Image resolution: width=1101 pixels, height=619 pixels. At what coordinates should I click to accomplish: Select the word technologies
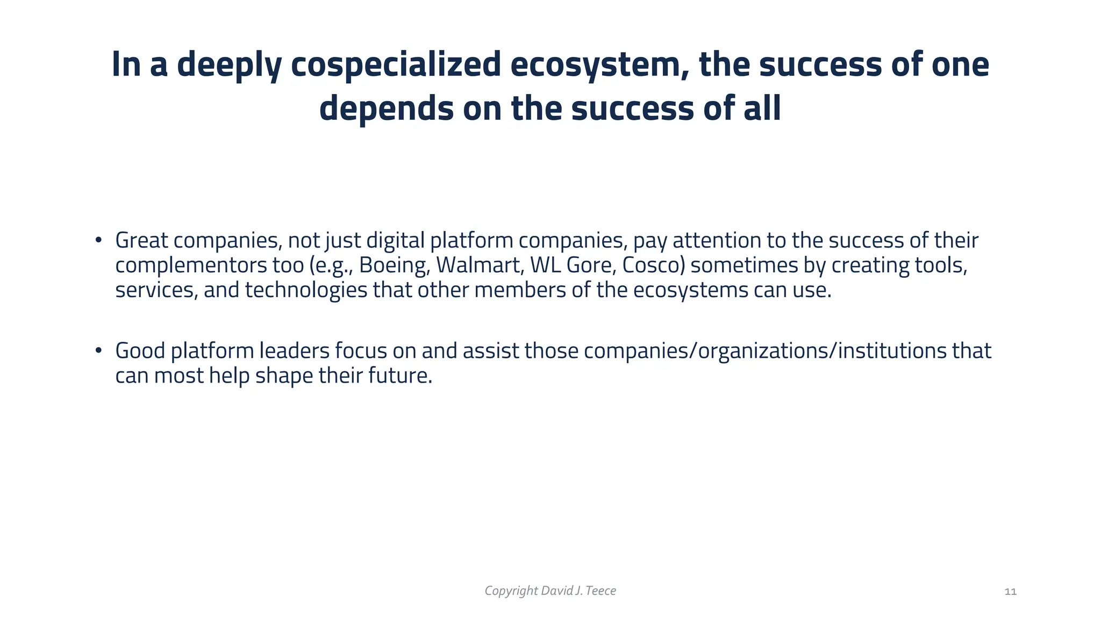tap(306, 290)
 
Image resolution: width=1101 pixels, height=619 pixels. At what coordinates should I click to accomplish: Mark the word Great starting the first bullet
tap(141, 241)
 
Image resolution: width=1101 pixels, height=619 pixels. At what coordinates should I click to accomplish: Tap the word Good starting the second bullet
tap(140, 351)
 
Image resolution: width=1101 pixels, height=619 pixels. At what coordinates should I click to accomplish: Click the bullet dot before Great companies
tap(98, 240)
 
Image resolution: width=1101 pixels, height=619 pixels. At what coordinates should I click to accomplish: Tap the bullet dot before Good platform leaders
tap(98, 350)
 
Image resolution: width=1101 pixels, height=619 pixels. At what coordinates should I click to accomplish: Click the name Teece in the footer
tap(600, 591)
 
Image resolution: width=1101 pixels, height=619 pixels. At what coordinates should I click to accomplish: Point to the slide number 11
tap(1010, 592)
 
